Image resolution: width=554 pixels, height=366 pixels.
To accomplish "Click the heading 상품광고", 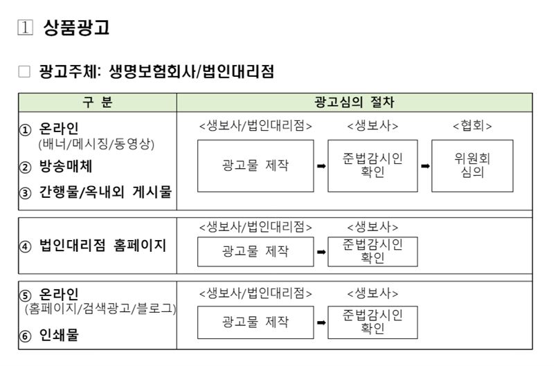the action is pos(76,27).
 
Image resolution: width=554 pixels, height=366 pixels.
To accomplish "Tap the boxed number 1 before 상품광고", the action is pos(25,28).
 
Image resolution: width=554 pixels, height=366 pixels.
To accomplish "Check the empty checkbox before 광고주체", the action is pos(24,71).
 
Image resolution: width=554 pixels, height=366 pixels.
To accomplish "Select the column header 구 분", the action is pos(98,102).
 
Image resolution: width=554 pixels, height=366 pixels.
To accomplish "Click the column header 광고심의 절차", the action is pos(354,102).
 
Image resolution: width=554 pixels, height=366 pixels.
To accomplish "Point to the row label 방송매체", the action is pos(66,166).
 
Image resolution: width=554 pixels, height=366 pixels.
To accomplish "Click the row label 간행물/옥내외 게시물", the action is pos(105,192).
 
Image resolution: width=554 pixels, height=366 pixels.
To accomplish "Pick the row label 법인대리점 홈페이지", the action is pos(102,246).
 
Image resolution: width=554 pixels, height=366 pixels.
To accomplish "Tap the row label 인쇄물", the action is pos(59,335).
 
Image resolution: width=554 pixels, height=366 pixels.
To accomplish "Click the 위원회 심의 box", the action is pos(472,166).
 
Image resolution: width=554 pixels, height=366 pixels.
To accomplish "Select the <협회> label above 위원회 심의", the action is pos(472,126).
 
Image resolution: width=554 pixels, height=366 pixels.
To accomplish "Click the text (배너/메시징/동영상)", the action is pos(96,144).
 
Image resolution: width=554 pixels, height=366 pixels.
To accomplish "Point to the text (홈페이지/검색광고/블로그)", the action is pos(100,309).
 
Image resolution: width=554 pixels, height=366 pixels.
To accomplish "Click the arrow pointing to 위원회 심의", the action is pos(425,166).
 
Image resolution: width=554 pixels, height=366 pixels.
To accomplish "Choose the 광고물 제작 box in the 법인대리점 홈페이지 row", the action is pos(256,252).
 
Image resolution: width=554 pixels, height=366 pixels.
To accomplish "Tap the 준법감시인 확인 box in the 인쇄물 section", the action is pos(373,322).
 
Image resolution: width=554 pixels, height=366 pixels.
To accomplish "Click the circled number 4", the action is pos(25,246).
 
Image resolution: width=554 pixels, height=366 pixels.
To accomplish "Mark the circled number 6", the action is pos(25,336).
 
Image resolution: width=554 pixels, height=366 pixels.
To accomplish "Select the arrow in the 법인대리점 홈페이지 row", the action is pos(321,252).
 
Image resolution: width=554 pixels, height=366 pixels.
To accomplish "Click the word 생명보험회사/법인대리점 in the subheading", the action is pos(192,72).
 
